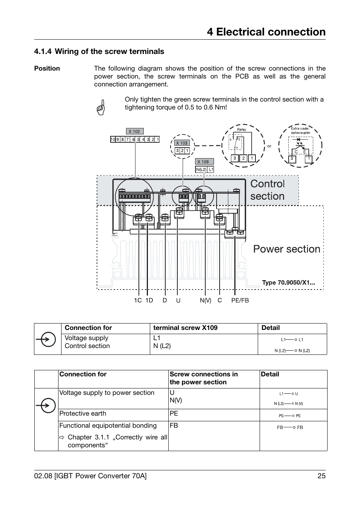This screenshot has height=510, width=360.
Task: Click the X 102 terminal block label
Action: [134, 131]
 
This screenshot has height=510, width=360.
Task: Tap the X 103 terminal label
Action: [182, 143]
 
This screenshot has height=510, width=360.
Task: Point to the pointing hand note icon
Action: [101, 107]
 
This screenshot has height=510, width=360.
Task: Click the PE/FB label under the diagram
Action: [240, 300]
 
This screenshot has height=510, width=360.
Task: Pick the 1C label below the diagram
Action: [138, 300]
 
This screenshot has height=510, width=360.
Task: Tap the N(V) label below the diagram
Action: [206, 300]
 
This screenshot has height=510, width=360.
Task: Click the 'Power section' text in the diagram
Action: [286, 249]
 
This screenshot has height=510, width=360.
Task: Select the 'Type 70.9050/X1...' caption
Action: [288, 283]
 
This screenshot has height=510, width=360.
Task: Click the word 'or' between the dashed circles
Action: [269, 146]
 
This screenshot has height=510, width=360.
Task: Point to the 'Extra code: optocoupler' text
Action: [300, 131]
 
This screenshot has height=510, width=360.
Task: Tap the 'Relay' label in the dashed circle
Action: [242, 129]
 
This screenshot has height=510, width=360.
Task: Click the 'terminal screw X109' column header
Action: [185, 328]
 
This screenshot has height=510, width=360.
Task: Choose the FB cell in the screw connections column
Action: [174, 426]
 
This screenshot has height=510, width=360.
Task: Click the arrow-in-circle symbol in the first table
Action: [46, 339]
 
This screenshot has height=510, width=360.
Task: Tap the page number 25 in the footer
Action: [321, 476]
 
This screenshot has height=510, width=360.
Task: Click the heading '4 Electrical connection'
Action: [266, 32]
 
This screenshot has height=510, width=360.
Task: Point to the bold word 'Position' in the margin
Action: [47, 69]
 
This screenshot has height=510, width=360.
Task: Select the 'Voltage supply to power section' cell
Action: [107, 393]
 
